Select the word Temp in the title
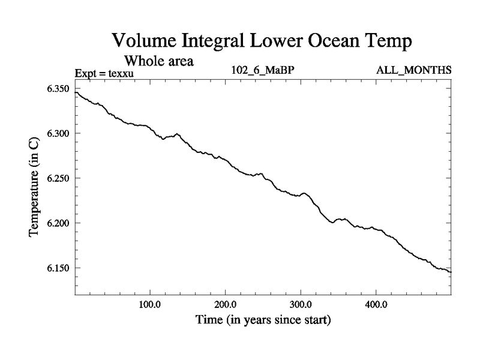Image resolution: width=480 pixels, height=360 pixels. (x=386, y=42)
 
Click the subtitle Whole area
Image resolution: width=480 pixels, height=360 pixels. (x=158, y=61)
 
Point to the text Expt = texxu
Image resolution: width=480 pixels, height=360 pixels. (x=103, y=74)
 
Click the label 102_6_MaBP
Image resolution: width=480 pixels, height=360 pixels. (x=263, y=70)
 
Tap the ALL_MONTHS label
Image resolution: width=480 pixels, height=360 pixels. (x=413, y=70)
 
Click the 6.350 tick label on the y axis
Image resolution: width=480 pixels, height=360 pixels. (x=59, y=89)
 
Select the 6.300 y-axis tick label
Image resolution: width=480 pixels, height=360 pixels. (x=59, y=134)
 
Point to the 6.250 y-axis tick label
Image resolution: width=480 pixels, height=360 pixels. (x=59, y=179)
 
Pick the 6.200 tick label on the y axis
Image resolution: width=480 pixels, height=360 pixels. (x=59, y=223)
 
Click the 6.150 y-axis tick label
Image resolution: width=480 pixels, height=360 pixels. (x=59, y=268)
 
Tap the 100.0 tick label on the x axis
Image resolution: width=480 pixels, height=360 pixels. (x=149, y=305)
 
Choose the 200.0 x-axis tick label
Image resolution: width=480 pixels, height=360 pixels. (x=225, y=305)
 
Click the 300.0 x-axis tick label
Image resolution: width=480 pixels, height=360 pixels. (x=301, y=305)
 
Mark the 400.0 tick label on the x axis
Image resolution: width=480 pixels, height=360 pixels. (x=376, y=305)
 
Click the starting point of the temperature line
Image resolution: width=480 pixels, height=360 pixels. (x=75, y=92)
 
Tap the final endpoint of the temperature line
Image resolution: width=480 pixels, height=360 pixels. (x=451, y=272)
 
